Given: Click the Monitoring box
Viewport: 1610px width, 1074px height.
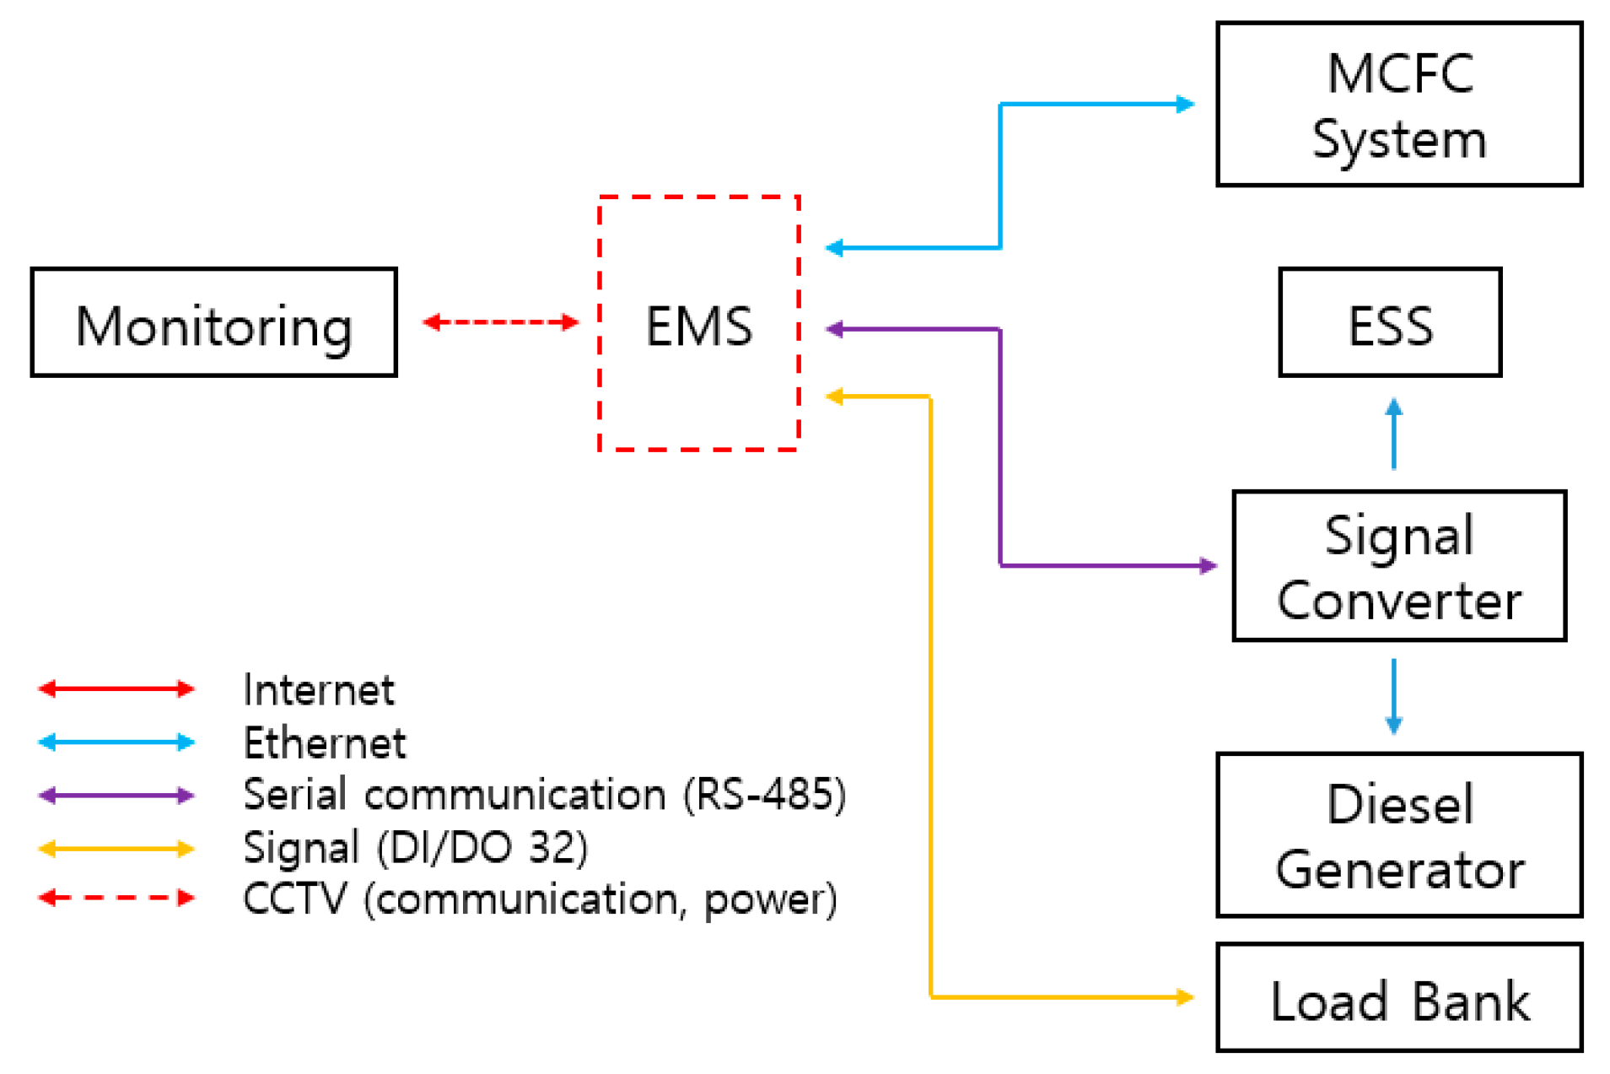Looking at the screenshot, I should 213,322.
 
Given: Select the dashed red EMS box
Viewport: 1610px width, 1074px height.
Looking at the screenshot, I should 698,324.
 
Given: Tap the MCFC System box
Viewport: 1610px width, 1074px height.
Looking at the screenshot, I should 1398,105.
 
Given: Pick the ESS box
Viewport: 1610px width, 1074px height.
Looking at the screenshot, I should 1389,322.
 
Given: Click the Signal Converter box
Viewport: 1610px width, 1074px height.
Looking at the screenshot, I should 1398,566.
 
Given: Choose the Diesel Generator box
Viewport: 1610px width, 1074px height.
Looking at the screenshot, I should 1398,835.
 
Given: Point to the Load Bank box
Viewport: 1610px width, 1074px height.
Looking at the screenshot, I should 1398,998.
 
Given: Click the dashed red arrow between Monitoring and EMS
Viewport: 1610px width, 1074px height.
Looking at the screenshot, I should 500,322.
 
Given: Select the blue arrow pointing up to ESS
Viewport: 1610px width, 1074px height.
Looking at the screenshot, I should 1393,434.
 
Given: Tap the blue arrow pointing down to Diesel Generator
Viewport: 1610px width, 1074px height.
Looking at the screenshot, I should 1393,696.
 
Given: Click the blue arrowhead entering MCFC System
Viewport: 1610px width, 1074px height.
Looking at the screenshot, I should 1186,105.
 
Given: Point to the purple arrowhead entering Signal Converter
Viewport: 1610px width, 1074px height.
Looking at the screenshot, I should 1209,566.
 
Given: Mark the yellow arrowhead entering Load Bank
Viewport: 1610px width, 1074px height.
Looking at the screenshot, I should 1186,997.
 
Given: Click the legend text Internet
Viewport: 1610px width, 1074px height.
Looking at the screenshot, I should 318,690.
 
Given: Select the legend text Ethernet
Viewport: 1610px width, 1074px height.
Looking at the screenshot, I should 324,743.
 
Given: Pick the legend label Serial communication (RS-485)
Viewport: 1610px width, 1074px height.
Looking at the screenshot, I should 544,795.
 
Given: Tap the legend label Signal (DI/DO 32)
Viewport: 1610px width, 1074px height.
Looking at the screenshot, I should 415,848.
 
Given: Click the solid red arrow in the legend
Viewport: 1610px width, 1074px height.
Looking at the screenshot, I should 116,689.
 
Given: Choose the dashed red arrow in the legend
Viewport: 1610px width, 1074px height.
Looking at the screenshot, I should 116,898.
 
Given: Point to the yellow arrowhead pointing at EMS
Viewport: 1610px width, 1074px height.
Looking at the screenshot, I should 834,397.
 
